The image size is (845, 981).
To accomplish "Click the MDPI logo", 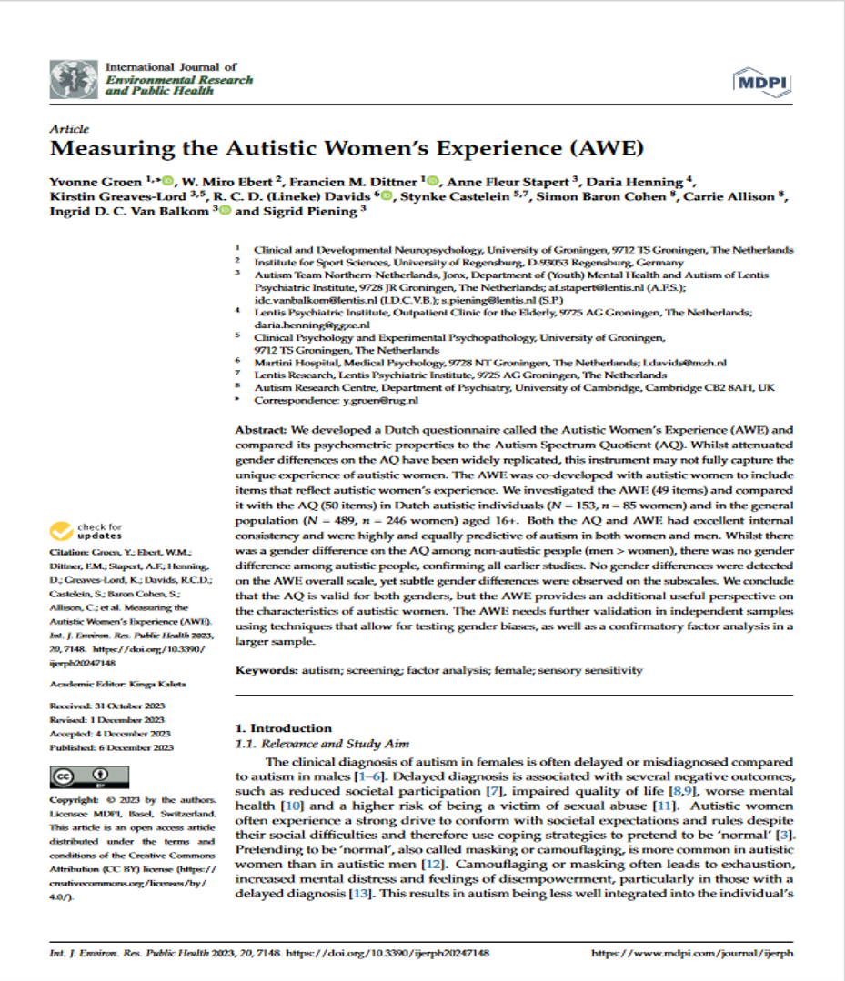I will point(761,84).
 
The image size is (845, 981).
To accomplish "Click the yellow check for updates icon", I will point(62,530).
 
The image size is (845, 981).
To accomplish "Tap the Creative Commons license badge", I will point(78,777).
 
